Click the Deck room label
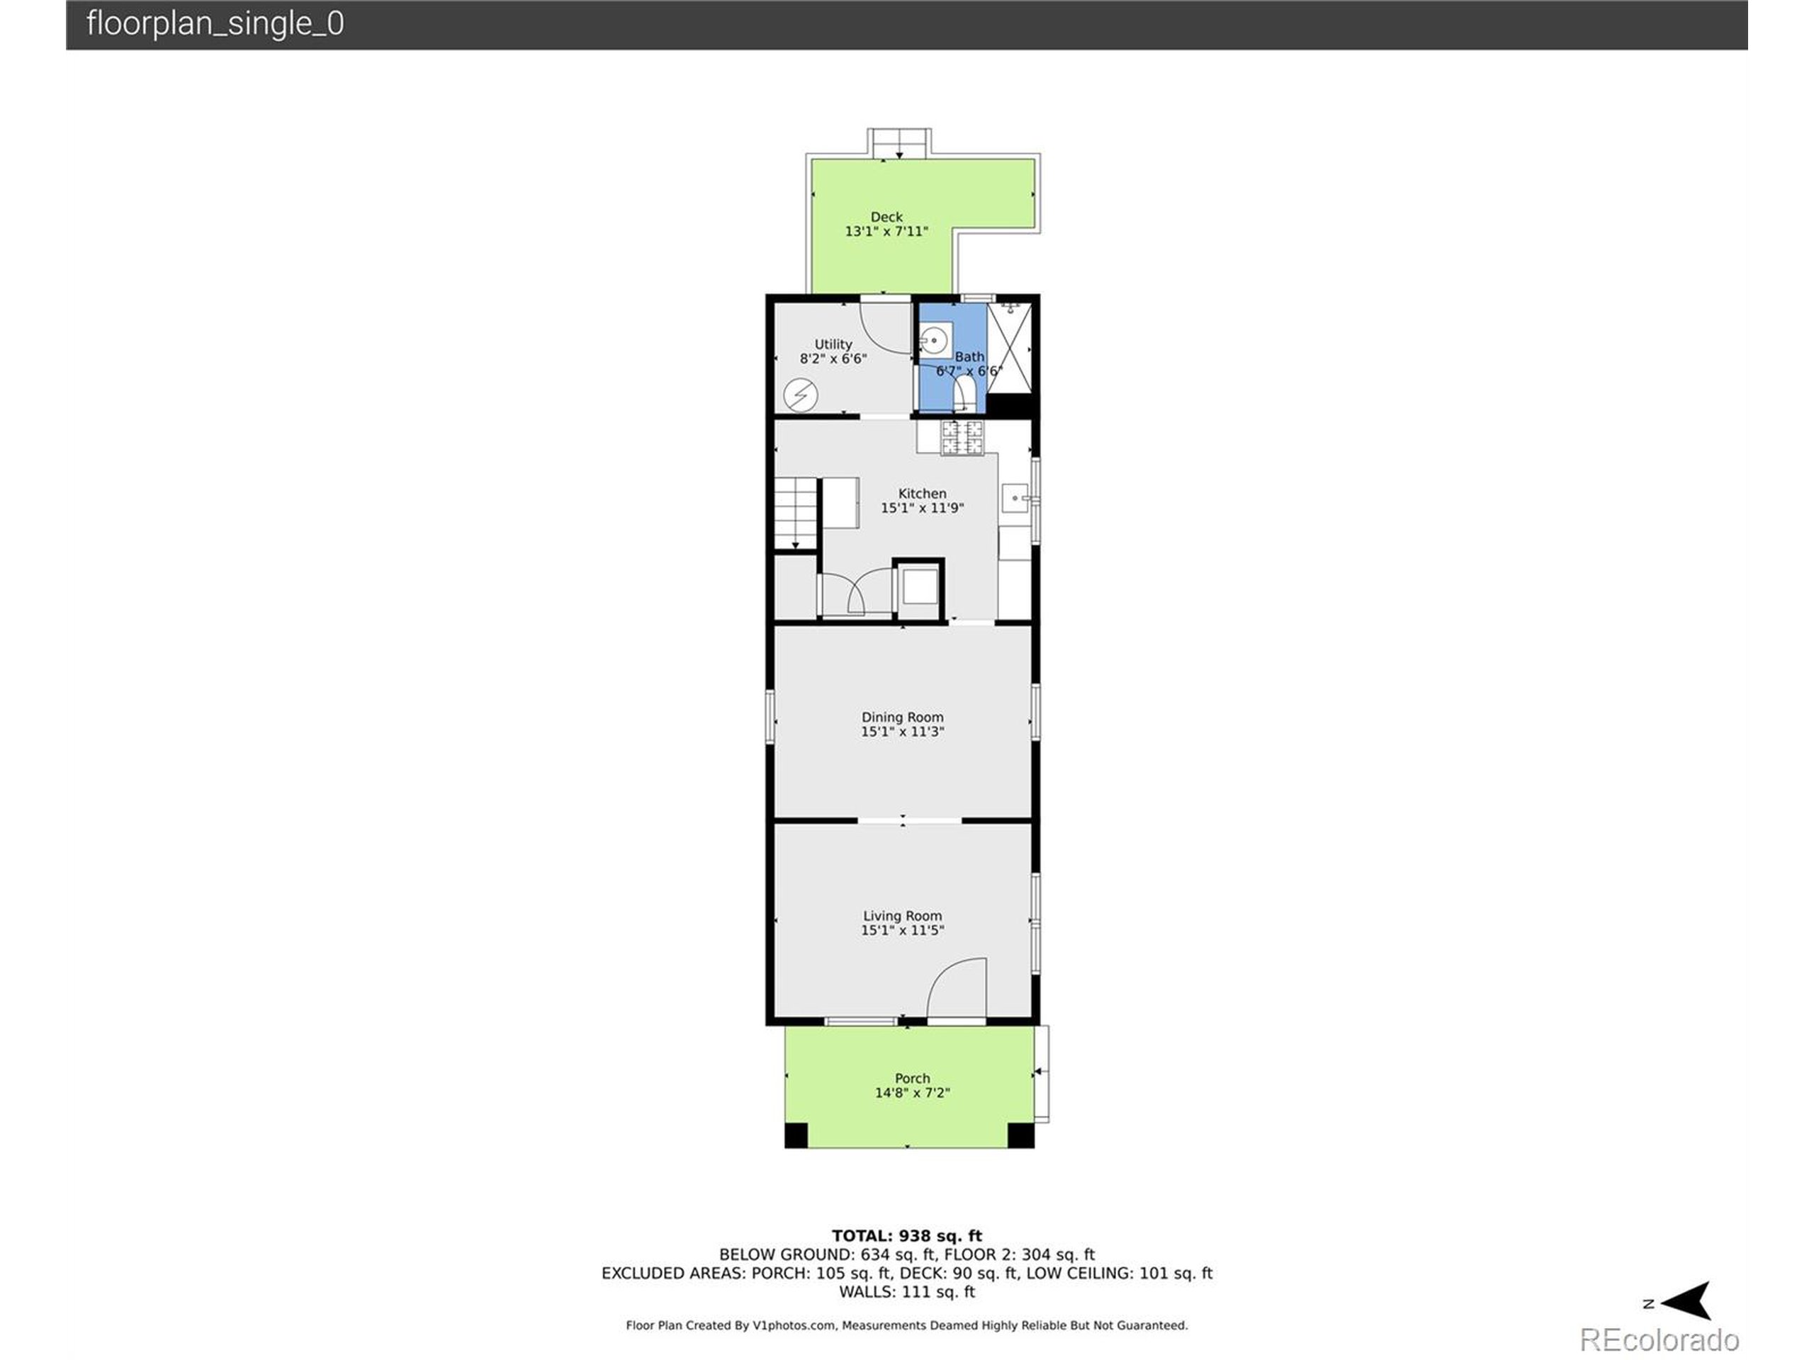(x=886, y=217)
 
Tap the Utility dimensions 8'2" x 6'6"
(x=833, y=359)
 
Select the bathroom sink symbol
(x=934, y=339)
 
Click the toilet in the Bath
(x=964, y=395)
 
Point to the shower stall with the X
(x=1009, y=348)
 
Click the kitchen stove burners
(x=962, y=437)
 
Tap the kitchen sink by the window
(x=1015, y=497)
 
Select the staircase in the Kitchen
(x=796, y=514)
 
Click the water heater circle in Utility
(x=801, y=396)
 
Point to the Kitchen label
(x=922, y=494)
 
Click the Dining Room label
(x=902, y=718)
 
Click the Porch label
(x=912, y=1079)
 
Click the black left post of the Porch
(x=796, y=1135)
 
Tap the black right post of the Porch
(x=1020, y=1135)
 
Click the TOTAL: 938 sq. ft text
(x=906, y=1235)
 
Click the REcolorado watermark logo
(x=1659, y=1339)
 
